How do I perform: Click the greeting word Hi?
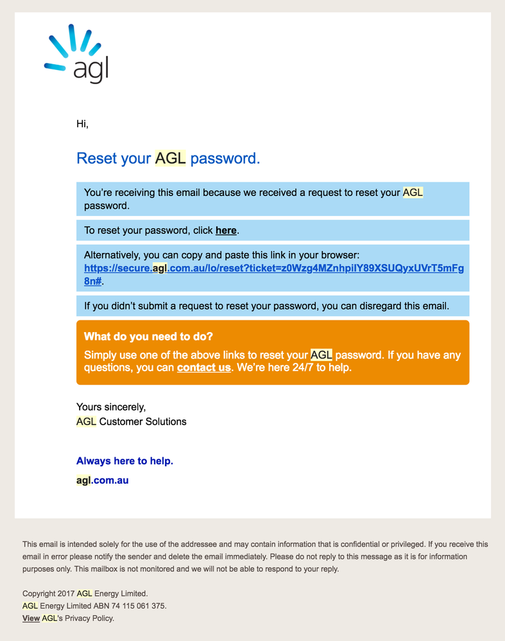[x=82, y=124]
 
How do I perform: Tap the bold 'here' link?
[x=226, y=230]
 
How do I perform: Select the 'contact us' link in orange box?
[x=203, y=368]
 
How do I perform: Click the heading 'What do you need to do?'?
[x=148, y=337]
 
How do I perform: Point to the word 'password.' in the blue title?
[x=225, y=158]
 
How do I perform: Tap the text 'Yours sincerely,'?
[x=111, y=407]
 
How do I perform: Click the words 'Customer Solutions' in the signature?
[x=142, y=422]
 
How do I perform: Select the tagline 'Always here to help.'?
[x=124, y=461]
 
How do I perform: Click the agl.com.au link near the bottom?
[x=102, y=480]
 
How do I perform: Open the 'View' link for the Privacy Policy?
[x=31, y=619]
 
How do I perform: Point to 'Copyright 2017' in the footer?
[x=48, y=593]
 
